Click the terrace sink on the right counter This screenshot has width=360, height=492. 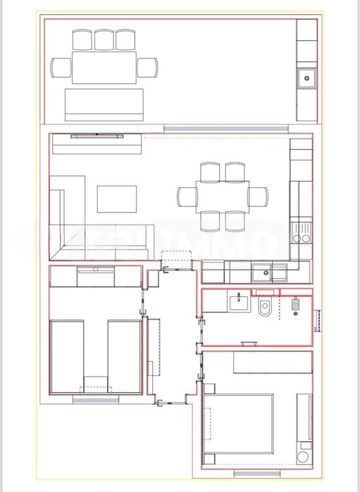point(306,77)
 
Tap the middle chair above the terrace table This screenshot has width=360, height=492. point(104,39)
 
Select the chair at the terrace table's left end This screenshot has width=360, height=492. point(61,67)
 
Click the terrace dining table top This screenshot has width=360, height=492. point(104,67)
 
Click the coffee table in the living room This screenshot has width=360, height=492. point(117,198)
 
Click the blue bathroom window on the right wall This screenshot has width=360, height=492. point(318,319)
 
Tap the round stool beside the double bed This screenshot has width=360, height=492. point(302,457)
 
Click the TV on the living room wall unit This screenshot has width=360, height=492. point(95,134)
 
